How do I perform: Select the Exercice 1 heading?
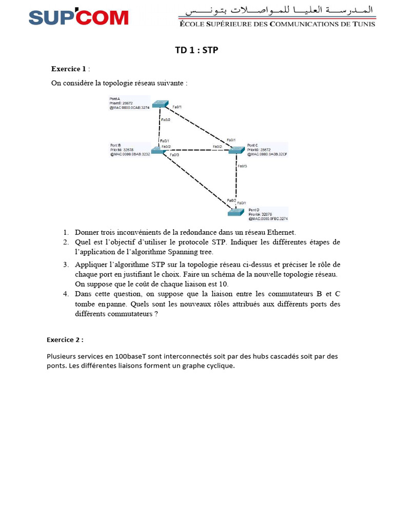tap(68, 69)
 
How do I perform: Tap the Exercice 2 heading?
tap(65, 339)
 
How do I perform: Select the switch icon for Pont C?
tap(237, 150)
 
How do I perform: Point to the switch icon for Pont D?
tap(237, 212)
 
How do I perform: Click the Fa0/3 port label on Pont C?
tap(242, 166)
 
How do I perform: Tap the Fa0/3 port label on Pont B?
tap(174, 154)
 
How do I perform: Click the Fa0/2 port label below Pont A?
tap(166, 119)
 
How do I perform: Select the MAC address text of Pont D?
tap(268, 218)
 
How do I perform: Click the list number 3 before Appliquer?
tap(66, 265)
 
